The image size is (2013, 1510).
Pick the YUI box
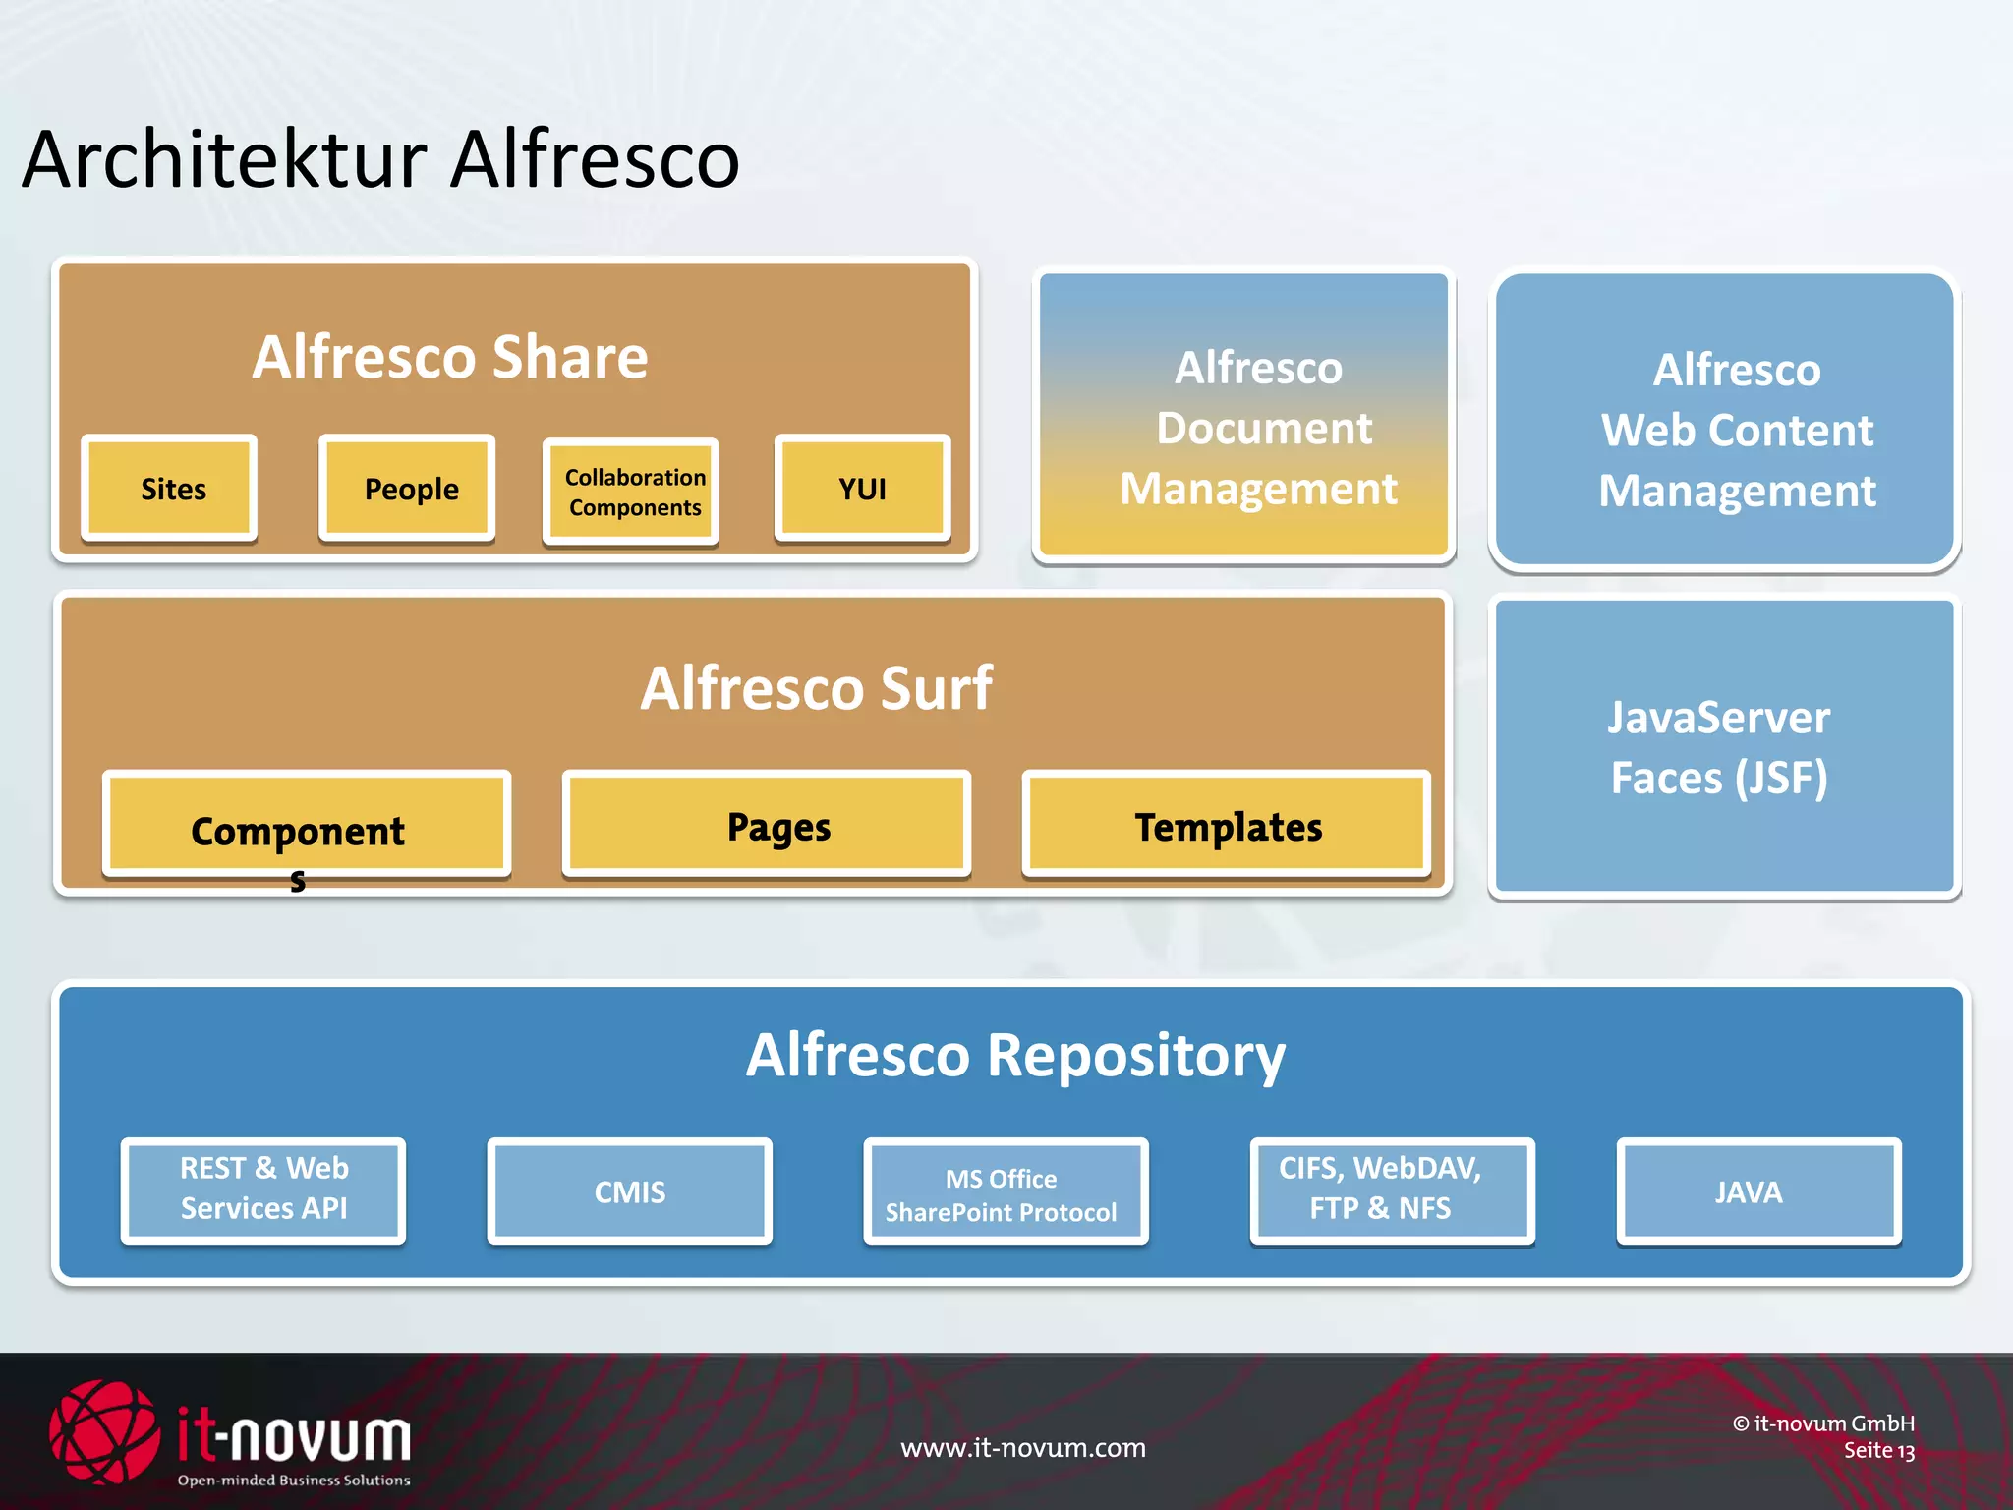tap(862, 488)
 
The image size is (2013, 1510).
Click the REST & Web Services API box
tap(263, 1191)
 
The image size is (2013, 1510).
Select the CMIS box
tap(629, 1191)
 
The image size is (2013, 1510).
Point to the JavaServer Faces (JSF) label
tap(1718, 747)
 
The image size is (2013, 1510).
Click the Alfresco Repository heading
tap(1014, 1055)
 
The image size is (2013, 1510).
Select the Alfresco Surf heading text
tap(816, 687)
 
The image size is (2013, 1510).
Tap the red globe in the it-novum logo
tap(103, 1431)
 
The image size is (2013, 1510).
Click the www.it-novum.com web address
tap(1022, 1447)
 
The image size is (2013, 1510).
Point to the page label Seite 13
tap(1878, 1451)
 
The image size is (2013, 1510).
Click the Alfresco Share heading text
tap(450, 356)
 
